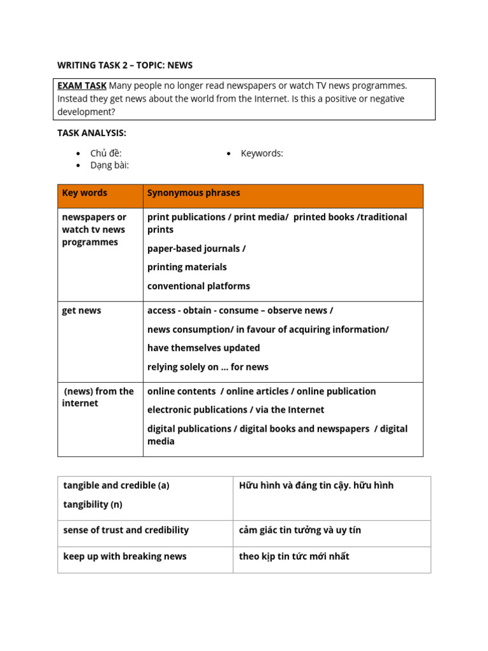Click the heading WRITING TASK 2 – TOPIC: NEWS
coord(125,65)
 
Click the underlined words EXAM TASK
coord(81,86)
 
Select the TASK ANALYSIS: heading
coord(91,133)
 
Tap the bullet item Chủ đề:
coord(105,153)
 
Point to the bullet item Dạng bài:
coord(109,165)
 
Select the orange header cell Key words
coord(85,193)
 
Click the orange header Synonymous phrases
coord(194,193)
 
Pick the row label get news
coord(81,311)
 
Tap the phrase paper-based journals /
coord(196,249)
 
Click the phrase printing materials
coord(187,267)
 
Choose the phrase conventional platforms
coord(198,286)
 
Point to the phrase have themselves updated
coord(203,348)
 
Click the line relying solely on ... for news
coord(208,367)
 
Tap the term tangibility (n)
coord(93,505)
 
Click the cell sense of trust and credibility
coord(126,530)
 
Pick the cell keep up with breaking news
coord(125,556)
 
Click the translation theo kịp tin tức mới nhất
coord(294,556)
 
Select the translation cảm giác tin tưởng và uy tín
coord(300,530)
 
